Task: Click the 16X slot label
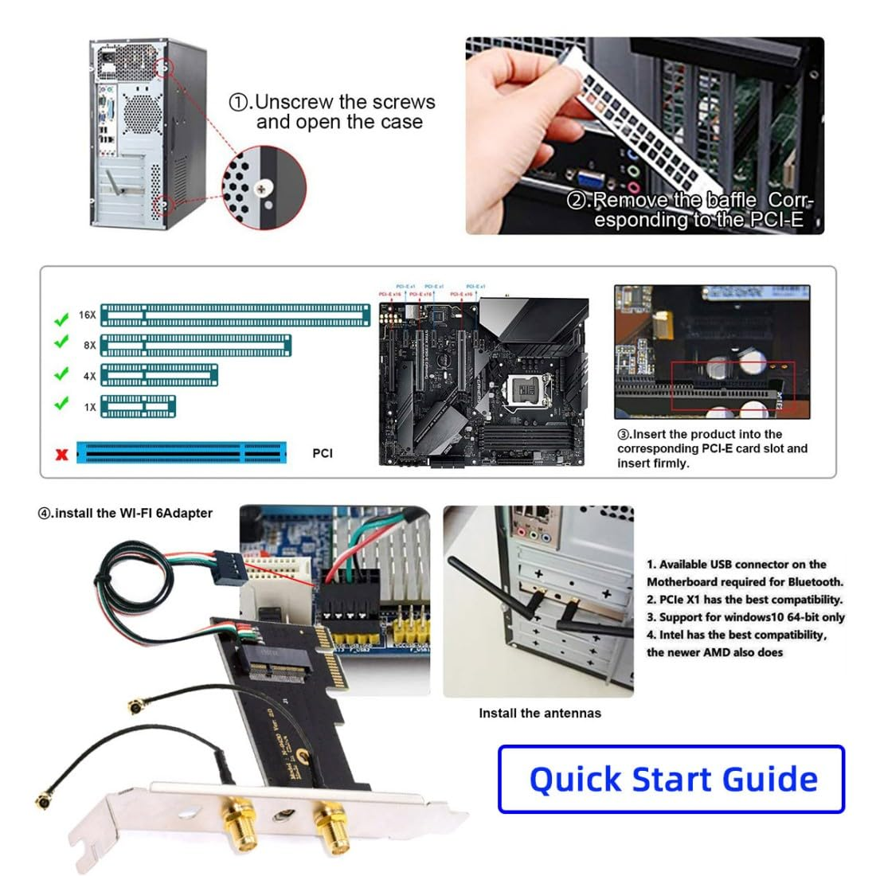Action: [87, 315]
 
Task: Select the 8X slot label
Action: [89, 346]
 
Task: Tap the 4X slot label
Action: [89, 376]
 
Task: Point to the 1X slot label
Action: [89, 407]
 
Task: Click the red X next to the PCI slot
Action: [61, 455]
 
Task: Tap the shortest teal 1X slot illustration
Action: [138, 406]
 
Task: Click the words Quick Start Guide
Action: [673, 779]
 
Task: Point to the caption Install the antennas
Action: [540, 713]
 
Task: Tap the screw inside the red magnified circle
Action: [263, 188]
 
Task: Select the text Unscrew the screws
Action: [344, 102]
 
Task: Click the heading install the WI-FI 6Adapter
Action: [126, 513]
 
